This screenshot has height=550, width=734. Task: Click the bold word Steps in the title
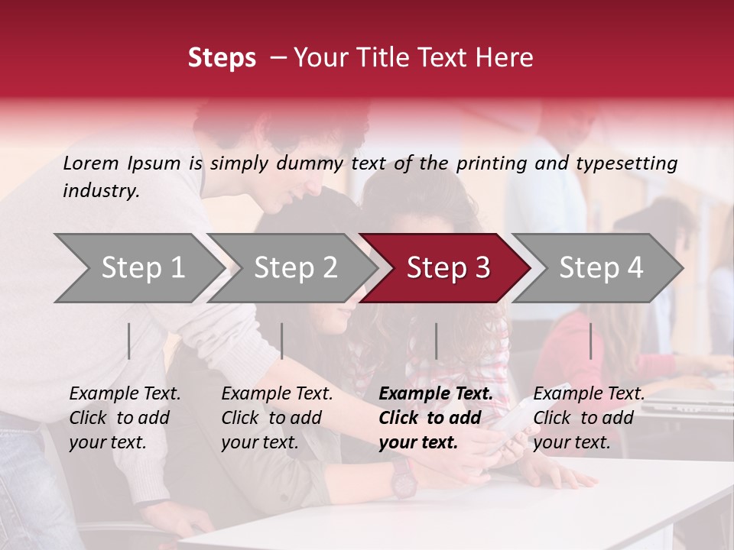tap(222, 58)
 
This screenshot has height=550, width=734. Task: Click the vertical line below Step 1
tap(129, 341)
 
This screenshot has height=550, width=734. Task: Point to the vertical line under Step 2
tap(282, 341)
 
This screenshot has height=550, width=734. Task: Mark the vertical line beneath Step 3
tap(436, 341)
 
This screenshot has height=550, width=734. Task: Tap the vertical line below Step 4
tap(590, 341)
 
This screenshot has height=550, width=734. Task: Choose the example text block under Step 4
tap(589, 418)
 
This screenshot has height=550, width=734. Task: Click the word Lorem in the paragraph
tap(91, 163)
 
